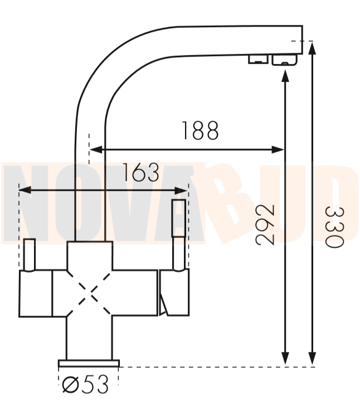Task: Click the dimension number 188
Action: click(200, 130)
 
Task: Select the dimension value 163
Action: click(140, 172)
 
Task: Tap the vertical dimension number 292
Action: click(265, 225)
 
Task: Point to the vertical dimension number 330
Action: click(335, 227)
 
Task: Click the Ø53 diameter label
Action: click(85, 384)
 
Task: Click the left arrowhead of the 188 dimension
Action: click(96, 150)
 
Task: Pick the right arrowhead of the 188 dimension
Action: click(278, 150)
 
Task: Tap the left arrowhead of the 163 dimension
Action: click(25, 190)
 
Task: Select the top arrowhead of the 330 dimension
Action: click(312, 48)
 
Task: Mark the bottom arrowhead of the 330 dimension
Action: click(312, 359)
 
